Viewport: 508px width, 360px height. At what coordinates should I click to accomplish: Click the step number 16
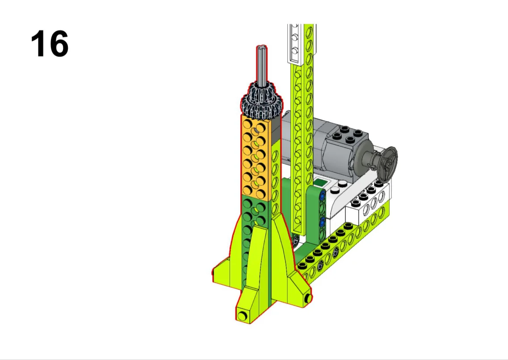pyautogui.click(x=50, y=44)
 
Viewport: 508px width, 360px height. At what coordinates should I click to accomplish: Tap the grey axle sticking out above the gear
pyautogui.click(x=262, y=65)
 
